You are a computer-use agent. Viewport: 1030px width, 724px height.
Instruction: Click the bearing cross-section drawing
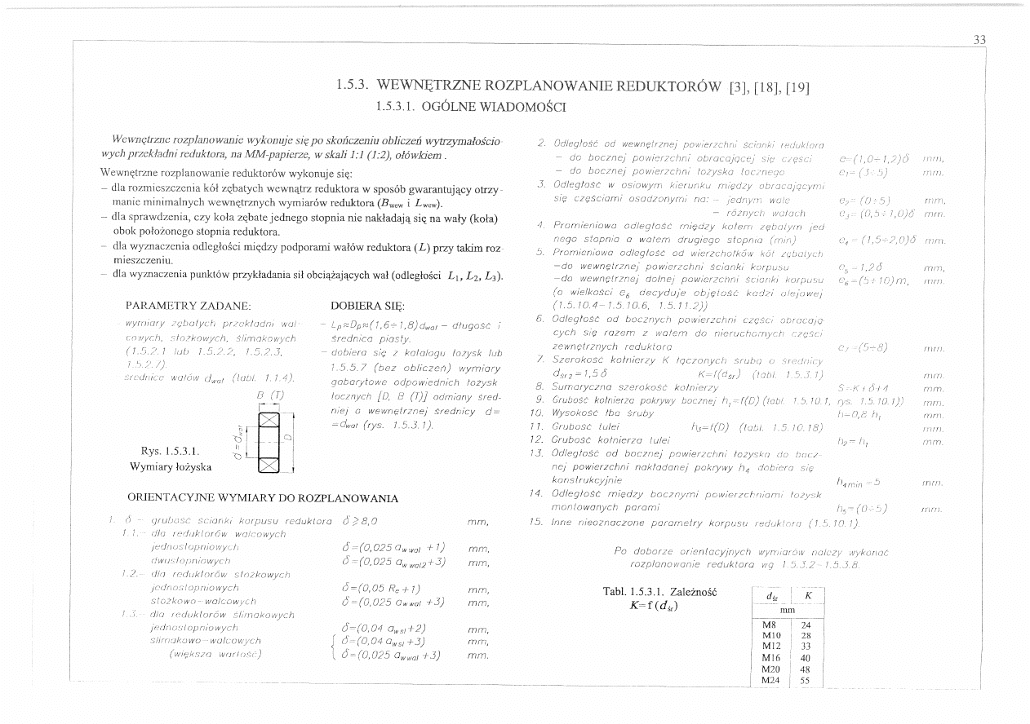[x=269, y=444]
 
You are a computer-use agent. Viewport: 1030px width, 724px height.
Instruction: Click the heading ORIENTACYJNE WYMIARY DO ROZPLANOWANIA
[x=263, y=498]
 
